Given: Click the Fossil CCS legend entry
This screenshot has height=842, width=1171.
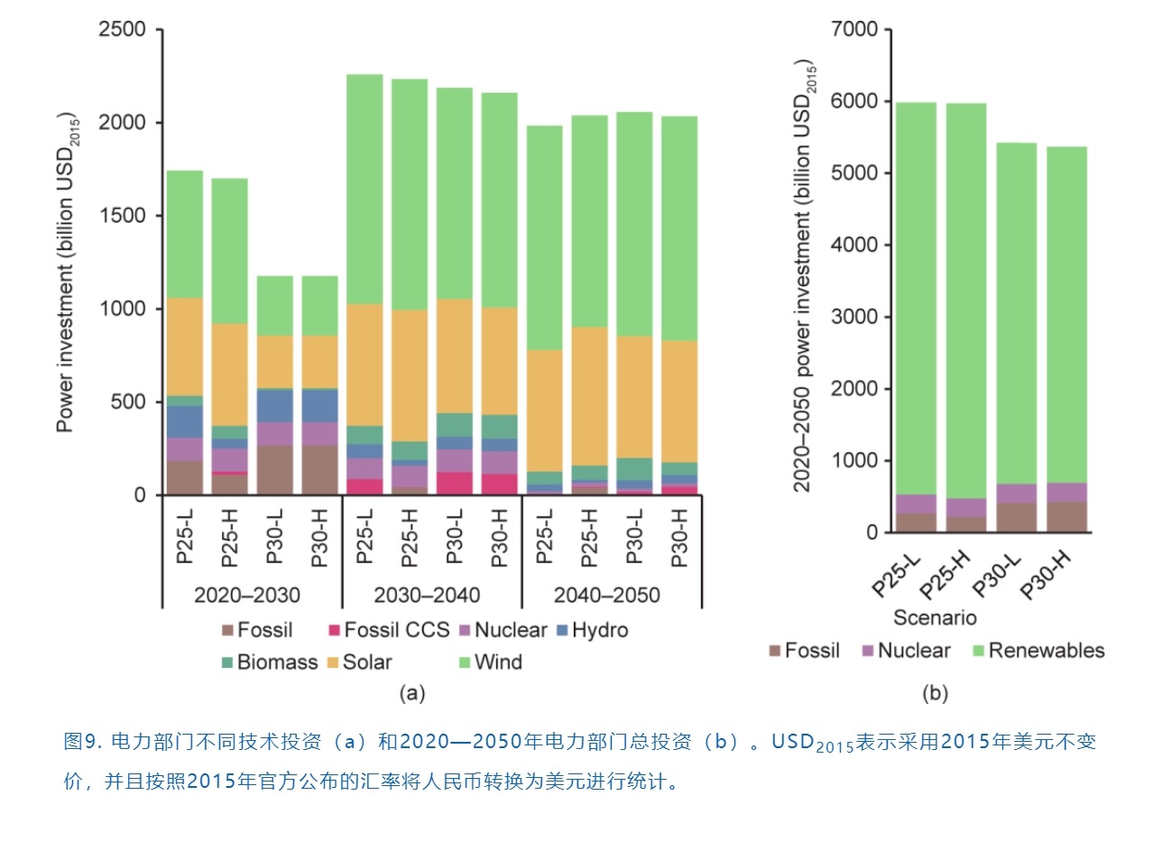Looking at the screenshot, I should [388, 630].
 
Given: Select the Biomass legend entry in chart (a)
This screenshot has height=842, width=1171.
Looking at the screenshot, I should [269, 662].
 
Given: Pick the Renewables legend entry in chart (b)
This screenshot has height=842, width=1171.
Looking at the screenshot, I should [1037, 651].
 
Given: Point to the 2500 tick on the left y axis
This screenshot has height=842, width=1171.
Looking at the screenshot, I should [123, 30].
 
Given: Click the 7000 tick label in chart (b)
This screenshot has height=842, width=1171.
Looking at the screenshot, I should [853, 30].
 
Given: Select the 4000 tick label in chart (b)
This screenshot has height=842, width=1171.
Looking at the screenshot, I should [853, 245].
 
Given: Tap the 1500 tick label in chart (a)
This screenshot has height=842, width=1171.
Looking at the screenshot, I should [123, 216].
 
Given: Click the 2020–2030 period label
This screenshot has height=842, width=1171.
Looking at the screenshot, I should [247, 596].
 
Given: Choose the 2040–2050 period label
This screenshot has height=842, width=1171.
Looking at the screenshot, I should [607, 596].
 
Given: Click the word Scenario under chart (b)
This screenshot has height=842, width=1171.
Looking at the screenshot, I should [935, 618].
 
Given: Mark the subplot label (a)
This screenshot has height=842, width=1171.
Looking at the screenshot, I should [411, 693].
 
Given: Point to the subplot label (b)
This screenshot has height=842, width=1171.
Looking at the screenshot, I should [935, 693].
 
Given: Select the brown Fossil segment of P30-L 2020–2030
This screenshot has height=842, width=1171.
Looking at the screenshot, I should [274, 469].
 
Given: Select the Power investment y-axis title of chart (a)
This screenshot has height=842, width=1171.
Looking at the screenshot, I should [67, 271].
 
